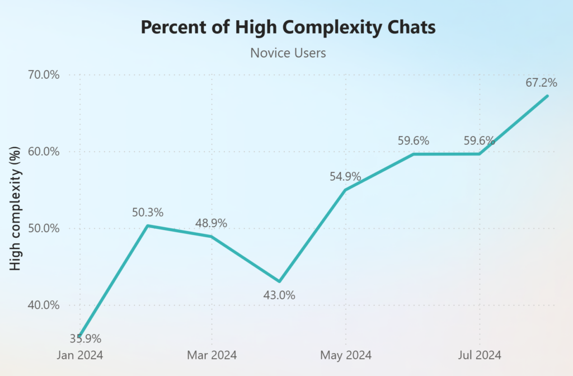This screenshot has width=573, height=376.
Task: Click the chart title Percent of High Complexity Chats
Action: pyautogui.click(x=288, y=27)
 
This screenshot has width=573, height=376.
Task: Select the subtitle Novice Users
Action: pyautogui.click(x=288, y=53)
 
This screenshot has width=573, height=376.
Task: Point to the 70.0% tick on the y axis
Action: pyautogui.click(x=44, y=75)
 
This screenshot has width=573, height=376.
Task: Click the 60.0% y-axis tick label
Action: pyautogui.click(x=44, y=152)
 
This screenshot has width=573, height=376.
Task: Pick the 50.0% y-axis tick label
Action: pyautogui.click(x=44, y=228)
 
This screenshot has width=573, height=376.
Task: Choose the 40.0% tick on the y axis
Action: pyautogui.click(x=44, y=305)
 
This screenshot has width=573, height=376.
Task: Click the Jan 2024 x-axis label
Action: pyautogui.click(x=80, y=355)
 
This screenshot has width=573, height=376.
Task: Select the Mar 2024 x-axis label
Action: pyautogui.click(x=212, y=355)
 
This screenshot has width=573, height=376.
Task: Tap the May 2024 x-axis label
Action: pyautogui.click(x=345, y=355)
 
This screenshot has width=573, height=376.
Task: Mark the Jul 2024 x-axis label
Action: pyautogui.click(x=479, y=355)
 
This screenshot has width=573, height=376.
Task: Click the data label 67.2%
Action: pyautogui.click(x=541, y=83)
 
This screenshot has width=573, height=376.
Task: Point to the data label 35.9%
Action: pyautogui.click(x=86, y=339)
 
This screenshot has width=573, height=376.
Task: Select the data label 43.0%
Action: pyautogui.click(x=279, y=295)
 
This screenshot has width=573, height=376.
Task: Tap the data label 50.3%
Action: pyautogui.click(x=147, y=212)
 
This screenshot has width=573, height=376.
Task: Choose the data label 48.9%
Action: pyautogui.click(x=211, y=223)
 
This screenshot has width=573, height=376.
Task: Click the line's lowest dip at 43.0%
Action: pyautogui.click(x=279, y=281)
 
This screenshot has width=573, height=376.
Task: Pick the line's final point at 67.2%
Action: pyautogui.click(x=547, y=96)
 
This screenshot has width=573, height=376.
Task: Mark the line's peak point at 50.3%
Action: pyautogui.click(x=147, y=225)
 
